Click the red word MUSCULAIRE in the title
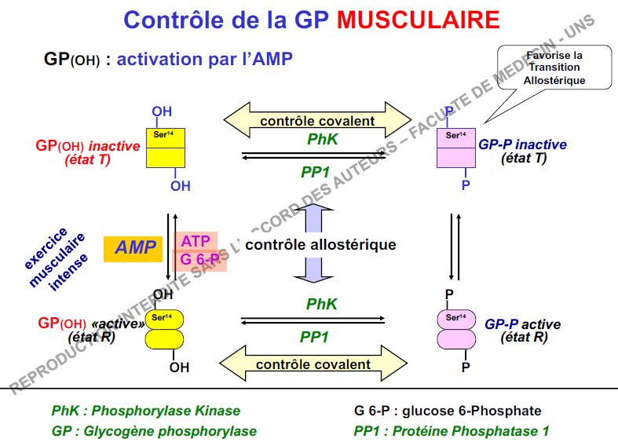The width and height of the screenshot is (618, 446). coord(419,20)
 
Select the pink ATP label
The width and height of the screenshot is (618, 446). coord(196,242)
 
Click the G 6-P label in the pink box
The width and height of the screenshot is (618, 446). coord(199,260)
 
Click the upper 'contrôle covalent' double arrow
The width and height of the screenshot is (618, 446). coord(317,121)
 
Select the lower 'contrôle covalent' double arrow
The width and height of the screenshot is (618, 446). coord(313,364)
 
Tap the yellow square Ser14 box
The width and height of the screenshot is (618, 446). coord(162,147)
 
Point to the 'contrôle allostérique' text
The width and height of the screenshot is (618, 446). coord(320,245)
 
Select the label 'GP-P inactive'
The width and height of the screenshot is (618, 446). coord(522,145)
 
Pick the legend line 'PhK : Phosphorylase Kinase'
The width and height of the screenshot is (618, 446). coord(145,411)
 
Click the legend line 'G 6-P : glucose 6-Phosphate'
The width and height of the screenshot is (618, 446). coord(448,411)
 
